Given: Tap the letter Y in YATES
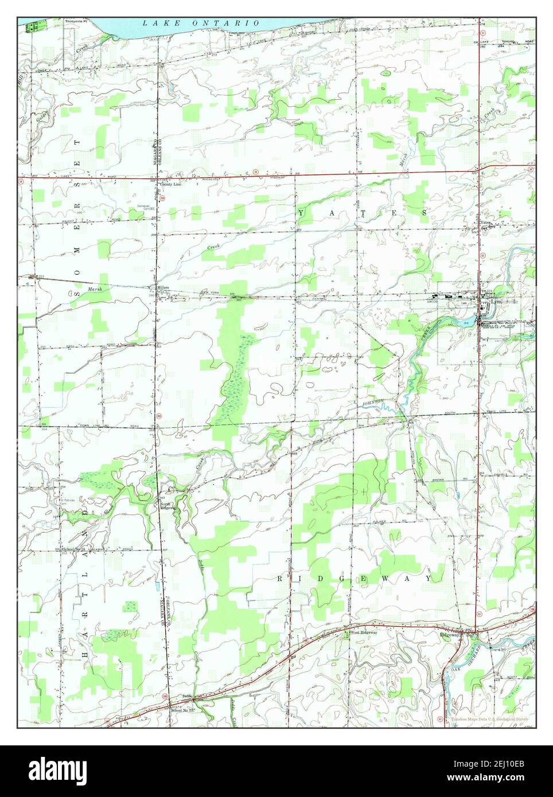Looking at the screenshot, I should click(x=301, y=213).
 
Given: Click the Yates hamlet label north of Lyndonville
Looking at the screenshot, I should click(x=486, y=222).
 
